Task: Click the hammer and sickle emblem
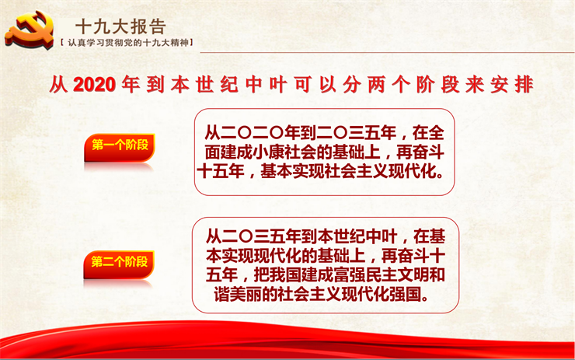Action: (x=30, y=30)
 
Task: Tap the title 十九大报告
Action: (x=121, y=26)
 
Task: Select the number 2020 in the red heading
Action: (x=95, y=85)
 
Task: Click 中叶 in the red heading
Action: (x=267, y=85)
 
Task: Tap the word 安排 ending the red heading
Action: (x=511, y=85)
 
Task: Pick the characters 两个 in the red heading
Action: (x=389, y=85)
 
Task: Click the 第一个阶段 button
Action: (x=120, y=147)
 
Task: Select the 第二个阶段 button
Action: (x=119, y=264)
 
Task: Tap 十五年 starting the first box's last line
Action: (x=221, y=171)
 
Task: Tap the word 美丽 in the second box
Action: (x=246, y=294)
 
